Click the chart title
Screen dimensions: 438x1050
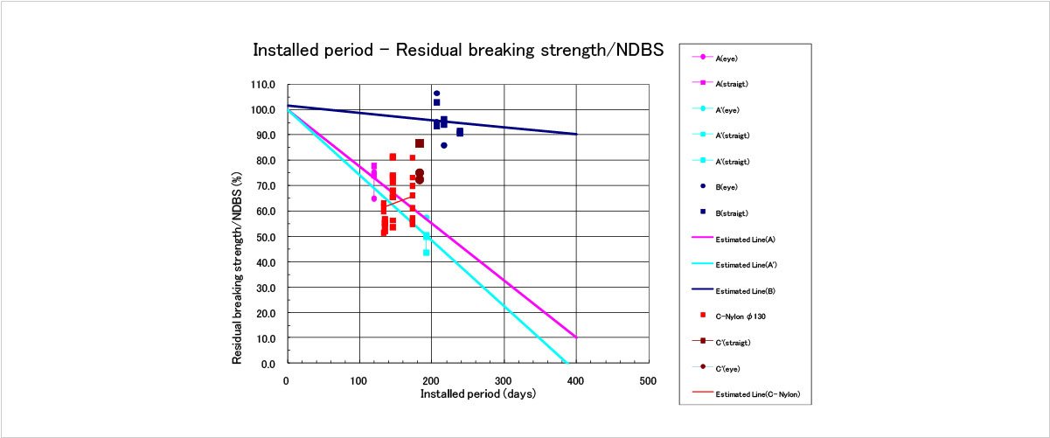click(457, 50)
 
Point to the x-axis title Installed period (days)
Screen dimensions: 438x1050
click(477, 394)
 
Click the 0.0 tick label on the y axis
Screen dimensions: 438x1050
click(268, 364)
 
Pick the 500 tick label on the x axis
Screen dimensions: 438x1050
click(648, 381)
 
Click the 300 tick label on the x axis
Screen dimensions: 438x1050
click(504, 381)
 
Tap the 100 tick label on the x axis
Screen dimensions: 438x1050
click(358, 381)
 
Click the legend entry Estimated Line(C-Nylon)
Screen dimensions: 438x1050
click(757, 395)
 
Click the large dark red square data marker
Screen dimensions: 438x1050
click(420, 143)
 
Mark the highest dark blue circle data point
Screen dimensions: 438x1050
click(436, 94)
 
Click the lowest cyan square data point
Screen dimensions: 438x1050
click(427, 253)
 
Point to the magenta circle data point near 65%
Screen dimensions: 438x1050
click(374, 198)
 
